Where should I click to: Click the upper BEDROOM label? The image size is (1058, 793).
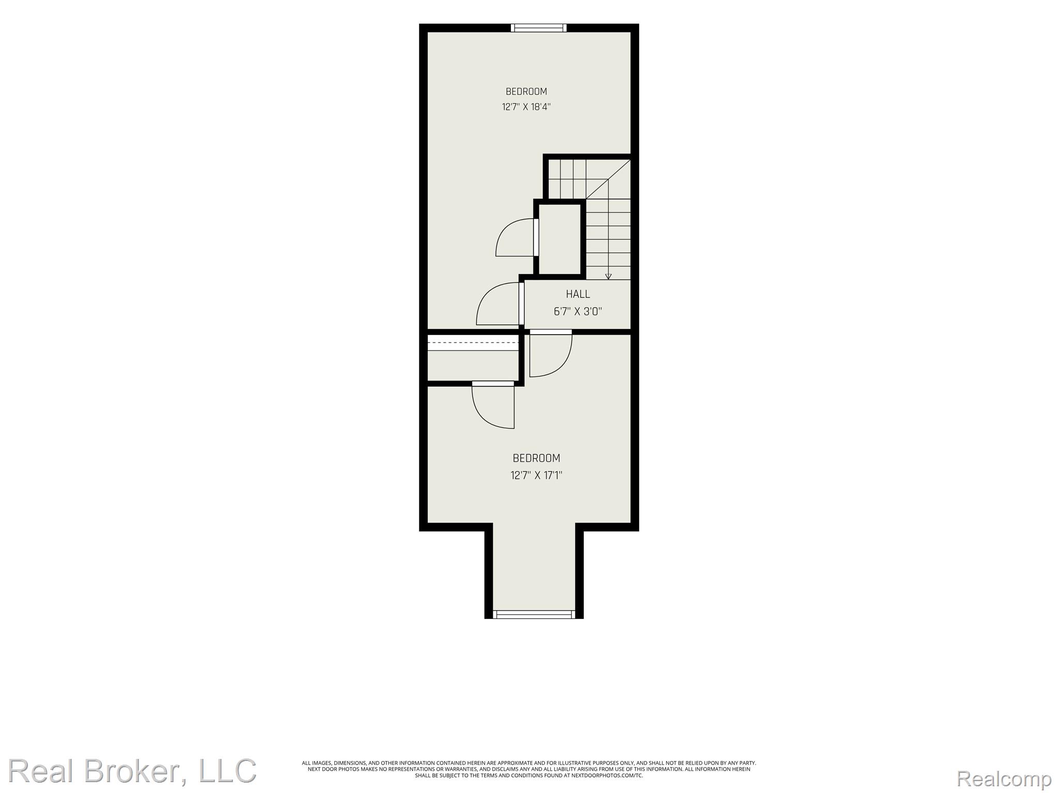click(x=526, y=91)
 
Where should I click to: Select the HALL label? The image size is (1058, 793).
click(x=578, y=294)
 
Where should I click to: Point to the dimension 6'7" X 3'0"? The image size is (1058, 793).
click(x=578, y=311)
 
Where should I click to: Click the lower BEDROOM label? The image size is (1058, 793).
click(x=536, y=458)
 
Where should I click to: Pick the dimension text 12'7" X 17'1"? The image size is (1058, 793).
click(x=536, y=475)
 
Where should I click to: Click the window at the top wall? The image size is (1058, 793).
click(x=539, y=28)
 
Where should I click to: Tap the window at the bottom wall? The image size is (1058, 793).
click(x=534, y=614)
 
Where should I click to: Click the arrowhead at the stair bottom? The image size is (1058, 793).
click(x=608, y=276)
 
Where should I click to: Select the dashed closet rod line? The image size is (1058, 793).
click(x=473, y=343)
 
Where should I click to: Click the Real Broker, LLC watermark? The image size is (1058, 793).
click(x=132, y=771)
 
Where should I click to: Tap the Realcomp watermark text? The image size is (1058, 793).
click(x=1004, y=779)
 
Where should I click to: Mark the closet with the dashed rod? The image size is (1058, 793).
click(x=473, y=358)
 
